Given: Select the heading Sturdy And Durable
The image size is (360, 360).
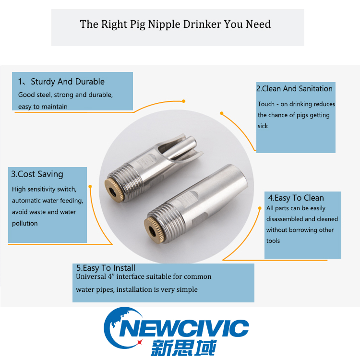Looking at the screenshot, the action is (68, 82).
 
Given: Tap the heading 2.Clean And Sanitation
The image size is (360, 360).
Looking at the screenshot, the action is (294, 89).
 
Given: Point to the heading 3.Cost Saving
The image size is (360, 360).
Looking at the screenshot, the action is (37, 174).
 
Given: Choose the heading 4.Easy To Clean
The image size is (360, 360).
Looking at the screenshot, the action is (296, 198).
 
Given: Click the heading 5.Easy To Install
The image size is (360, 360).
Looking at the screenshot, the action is (106, 268).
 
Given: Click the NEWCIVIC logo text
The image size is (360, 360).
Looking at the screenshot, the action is (184, 328).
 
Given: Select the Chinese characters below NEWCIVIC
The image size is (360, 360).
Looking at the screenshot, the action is (184, 348).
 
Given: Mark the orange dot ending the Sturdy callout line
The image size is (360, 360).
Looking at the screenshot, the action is (183, 101).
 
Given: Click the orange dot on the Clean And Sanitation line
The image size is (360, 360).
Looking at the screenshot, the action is (222, 113).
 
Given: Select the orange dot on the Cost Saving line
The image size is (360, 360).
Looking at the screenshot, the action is (90, 187).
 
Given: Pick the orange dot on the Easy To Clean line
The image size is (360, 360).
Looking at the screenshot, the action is (260, 208).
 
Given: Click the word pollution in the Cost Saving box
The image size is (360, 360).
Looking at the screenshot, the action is (25, 223).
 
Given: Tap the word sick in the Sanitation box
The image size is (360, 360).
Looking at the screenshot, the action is (263, 126).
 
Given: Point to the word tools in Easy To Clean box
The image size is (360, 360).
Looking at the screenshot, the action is (273, 241).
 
